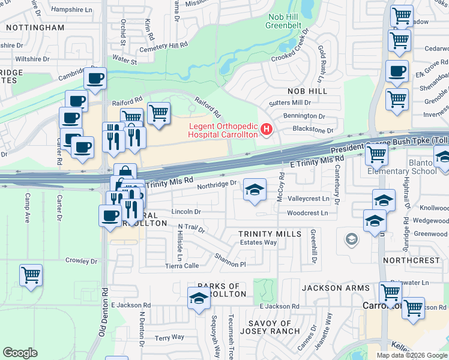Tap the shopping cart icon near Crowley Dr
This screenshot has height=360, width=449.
(31, 276)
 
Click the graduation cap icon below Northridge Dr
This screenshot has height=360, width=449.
(255, 191)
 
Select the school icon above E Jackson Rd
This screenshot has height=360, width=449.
(199, 298)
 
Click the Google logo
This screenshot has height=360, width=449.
(20, 353)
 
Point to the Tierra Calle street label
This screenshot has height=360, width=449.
(182, 266)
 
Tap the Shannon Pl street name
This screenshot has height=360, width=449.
(231, 260)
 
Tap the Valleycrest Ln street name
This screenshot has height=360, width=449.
(309, 199)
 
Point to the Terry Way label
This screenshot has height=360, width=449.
(170, 338)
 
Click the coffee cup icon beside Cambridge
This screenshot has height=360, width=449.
(95, 77)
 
